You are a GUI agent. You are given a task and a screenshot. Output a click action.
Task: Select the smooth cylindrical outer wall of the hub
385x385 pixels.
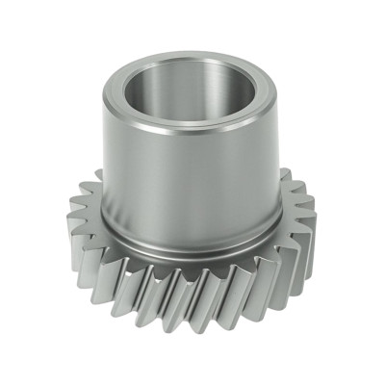coord(183,183)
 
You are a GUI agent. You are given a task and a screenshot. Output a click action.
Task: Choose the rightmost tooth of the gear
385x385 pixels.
coord(310,236)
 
